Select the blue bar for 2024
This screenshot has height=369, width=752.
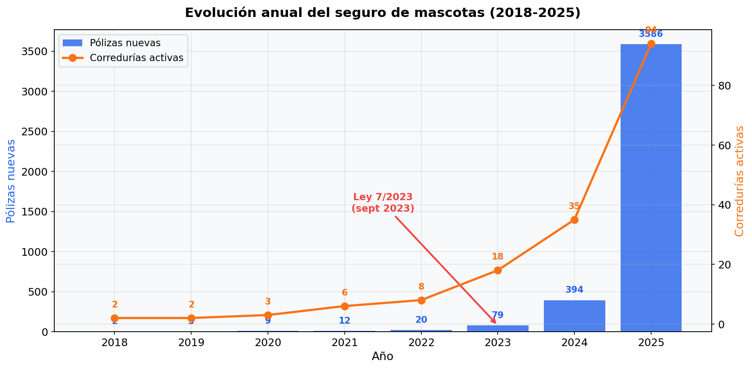click(574, 316)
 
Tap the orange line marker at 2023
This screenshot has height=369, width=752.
click(498, 271)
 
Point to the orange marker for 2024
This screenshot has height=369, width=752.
click(574, 220)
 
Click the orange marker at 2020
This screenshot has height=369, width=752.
click(268, 315)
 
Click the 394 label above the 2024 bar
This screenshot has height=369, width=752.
click(574, 290)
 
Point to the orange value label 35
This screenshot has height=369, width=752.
click(574, 206)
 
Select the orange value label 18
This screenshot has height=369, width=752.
click(498, 257)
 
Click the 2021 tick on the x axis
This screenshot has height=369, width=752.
click(345, 342)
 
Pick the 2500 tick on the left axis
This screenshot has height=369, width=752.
click(36, 131)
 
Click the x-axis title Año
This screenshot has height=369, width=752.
click(382, 357)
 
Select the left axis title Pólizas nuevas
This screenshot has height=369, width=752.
click(11, 181)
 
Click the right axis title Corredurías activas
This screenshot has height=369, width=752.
click(739, 181)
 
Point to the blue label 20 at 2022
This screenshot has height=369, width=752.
click(421, 320)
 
